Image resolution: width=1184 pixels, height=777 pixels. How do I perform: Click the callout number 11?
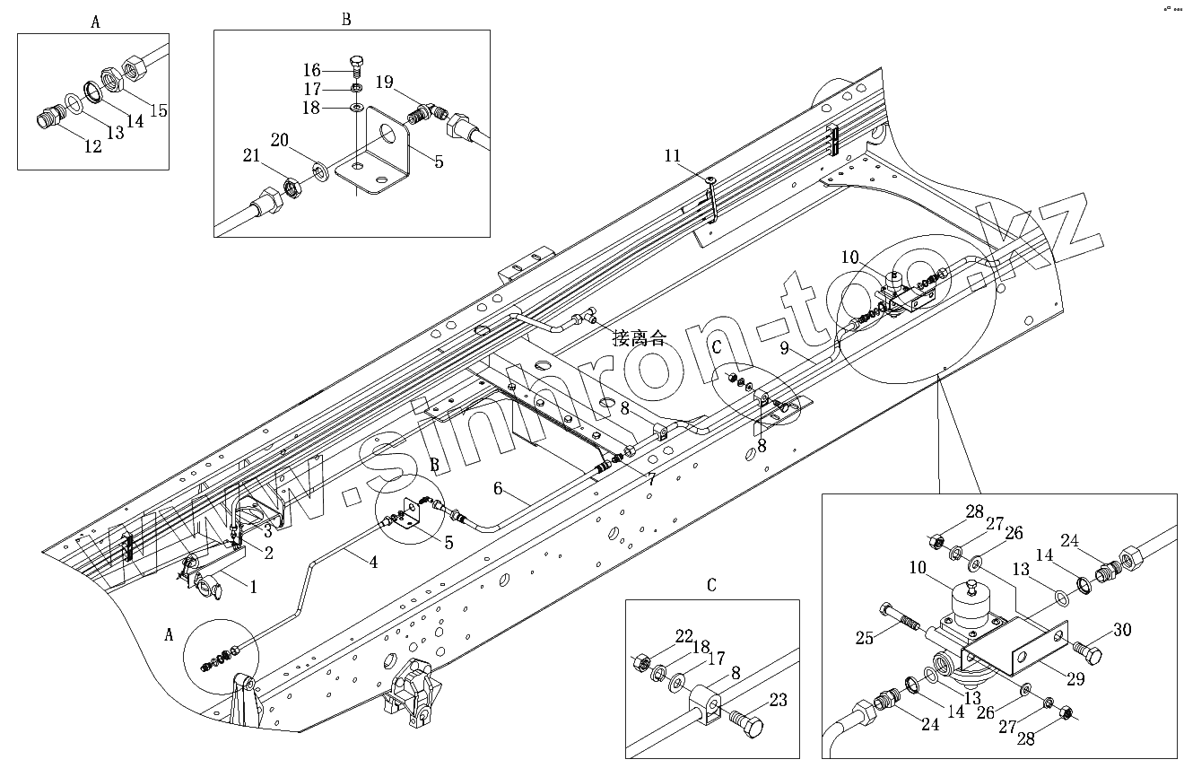[x=674, y=156]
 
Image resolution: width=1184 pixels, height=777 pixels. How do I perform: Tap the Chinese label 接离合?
[x=640, y=338]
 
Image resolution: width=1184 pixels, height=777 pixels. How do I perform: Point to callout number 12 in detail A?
[x=92, y=147]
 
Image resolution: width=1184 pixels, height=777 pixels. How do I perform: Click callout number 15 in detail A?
[x=159, y=110]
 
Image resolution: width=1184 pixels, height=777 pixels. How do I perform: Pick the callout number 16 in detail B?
[x=310, y=70]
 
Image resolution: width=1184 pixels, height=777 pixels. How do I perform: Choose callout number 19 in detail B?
[x=384, y=83]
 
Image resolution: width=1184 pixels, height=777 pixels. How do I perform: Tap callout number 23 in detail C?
[x=779, y=701]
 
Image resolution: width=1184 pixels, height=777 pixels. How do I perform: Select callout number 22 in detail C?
[x=684, y=636]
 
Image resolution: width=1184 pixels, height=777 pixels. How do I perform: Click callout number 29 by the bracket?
[x=1075, y=679]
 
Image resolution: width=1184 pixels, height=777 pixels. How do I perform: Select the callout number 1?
[x=253, y=587]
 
